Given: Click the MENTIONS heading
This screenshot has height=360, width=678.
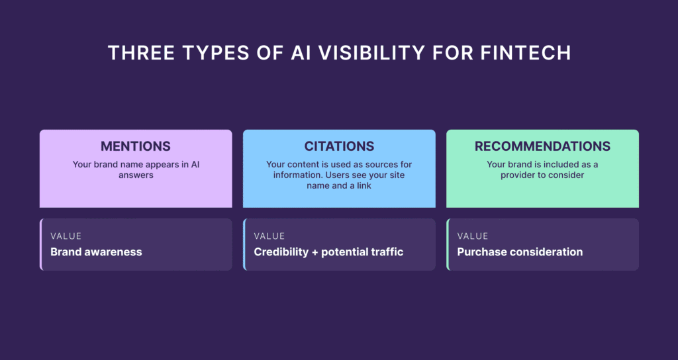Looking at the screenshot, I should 136,146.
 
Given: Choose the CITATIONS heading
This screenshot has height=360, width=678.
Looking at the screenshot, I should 339,146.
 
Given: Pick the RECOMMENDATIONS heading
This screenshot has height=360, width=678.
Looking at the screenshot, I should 542,146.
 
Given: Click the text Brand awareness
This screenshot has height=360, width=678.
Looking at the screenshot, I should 96,252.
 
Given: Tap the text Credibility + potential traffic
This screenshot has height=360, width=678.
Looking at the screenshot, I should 328,252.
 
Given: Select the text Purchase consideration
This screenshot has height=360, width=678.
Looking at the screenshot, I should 520,252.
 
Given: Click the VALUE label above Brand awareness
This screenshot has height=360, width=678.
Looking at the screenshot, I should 66,236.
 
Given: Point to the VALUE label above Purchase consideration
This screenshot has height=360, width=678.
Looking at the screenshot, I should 472,236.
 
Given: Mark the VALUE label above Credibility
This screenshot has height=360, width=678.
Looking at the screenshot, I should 269,236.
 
